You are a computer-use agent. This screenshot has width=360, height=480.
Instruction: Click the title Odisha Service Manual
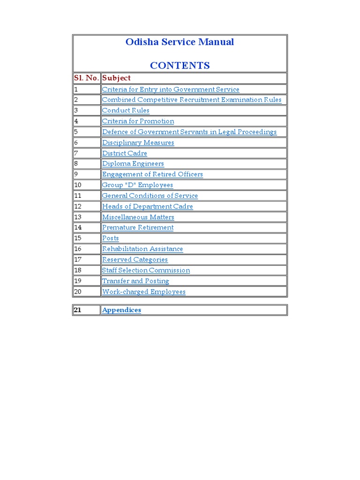tap(180, 42)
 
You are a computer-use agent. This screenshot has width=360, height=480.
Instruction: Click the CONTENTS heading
tap(180, 66)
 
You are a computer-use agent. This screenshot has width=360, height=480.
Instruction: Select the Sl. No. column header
tap(87, 78)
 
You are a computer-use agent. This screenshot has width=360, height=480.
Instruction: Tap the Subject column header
tap(116, 78)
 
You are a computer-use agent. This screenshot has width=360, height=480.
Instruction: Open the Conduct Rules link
tap(126, 111)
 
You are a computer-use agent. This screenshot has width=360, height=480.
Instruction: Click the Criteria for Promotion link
tap(138, 121)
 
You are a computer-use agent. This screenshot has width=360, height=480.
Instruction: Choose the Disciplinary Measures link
tap(138, 142)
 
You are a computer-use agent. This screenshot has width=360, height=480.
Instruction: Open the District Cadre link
tap(124, 153)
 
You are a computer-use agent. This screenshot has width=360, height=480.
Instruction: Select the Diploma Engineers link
tap(133, 164)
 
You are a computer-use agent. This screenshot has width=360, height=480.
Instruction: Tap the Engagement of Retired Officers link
tap(152, 174)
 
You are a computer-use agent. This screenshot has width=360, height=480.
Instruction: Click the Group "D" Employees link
tap(137, 185)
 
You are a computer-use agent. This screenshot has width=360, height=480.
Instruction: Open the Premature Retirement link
tap(137, 228)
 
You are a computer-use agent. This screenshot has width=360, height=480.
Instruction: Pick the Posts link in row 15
tap(110, 238)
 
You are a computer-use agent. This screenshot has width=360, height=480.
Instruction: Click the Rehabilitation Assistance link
tap(142, 249)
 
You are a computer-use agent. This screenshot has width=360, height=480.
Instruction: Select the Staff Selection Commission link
tap(146, 270)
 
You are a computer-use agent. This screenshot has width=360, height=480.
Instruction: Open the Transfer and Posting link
tap(135, 281)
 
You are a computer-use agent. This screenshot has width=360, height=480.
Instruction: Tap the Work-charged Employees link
tap(143, 292)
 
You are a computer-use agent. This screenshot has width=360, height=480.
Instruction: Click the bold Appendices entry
tap(121, 310)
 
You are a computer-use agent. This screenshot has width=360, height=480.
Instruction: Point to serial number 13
tap(78, 217)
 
